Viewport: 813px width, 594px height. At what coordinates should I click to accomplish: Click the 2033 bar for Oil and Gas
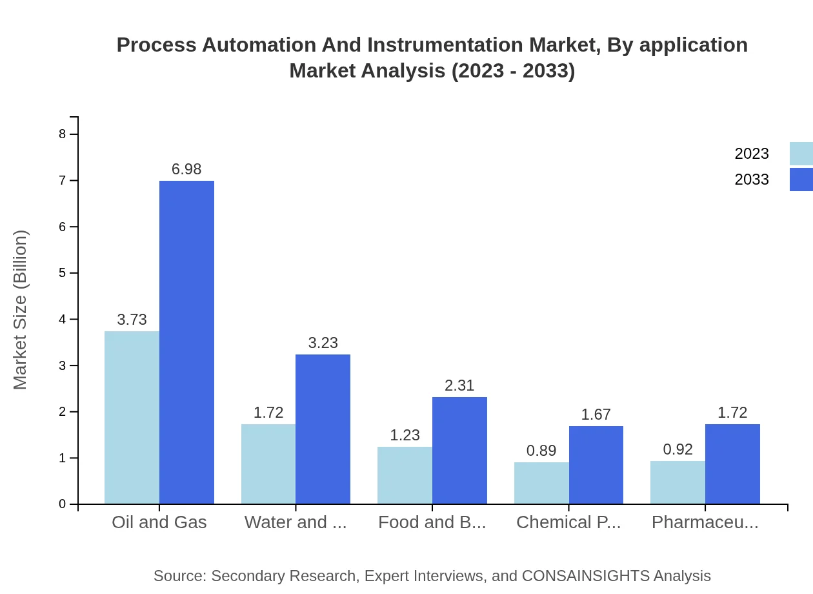pos(186,342)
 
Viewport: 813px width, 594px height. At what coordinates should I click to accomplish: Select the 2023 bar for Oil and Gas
pos(132,417)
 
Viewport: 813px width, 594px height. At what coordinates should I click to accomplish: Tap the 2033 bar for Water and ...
pos(323,429)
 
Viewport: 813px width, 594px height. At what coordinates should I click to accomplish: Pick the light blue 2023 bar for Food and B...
pos(405,475)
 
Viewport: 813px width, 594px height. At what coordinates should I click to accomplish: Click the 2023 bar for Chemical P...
pos(541,483)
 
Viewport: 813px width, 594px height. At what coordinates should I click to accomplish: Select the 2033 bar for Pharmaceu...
pos(732,464)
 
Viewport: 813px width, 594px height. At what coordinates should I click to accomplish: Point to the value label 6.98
pos(186,169)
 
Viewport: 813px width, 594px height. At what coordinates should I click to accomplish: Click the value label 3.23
pos(323,343)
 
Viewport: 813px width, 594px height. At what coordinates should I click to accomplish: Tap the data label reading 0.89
pos(541,451)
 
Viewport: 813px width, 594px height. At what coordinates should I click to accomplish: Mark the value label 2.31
pos(459,385)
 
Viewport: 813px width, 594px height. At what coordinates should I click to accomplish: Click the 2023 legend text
pos(752,154)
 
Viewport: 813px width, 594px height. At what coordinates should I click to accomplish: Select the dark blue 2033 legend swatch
pos(801,179)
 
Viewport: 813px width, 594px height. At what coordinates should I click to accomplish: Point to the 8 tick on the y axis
pos(63,134)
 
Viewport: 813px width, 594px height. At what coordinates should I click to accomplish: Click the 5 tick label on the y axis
pos(63,273)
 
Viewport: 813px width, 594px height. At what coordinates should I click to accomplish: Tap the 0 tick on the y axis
pos(63,504)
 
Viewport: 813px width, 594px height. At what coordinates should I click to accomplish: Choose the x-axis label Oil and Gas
pos(159,522)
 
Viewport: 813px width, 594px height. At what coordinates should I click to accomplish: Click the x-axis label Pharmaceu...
pos(705,522)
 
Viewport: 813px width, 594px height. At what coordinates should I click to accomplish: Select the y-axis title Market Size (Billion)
pos(21,310)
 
